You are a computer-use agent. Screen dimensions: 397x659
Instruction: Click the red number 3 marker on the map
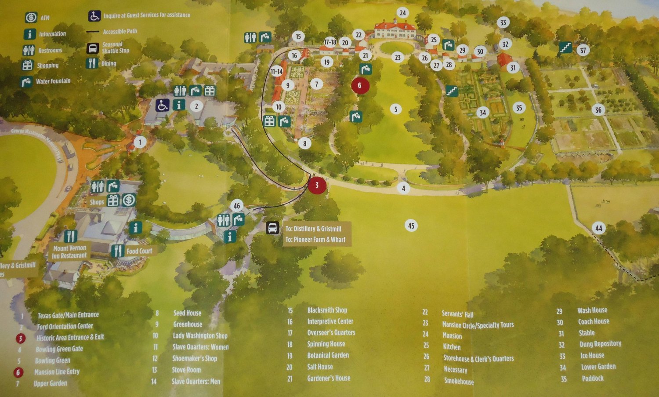317,185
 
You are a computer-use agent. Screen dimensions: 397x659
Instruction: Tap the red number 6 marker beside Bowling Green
359,85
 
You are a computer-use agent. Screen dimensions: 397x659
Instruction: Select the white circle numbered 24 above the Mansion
402,13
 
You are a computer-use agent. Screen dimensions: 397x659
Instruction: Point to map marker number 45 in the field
411,226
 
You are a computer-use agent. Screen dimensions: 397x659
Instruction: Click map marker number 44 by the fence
598,228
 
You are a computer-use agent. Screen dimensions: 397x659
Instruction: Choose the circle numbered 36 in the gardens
598,110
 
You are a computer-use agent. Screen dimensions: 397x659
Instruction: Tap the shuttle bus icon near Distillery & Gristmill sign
272,228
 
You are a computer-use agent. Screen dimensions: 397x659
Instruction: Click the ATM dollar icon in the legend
31,17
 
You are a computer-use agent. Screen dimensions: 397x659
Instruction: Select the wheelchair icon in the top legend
94,16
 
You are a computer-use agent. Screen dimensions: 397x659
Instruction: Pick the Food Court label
139,251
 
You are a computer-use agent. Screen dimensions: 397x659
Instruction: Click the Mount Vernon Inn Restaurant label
69,251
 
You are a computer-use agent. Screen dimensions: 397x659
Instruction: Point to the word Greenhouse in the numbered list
188,324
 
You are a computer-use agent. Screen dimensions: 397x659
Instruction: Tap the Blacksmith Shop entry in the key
327,310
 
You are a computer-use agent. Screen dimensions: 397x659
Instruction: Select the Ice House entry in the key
592,355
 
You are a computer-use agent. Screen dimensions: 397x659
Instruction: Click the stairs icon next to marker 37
565,47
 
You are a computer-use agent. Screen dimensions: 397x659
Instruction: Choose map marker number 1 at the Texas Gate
140,142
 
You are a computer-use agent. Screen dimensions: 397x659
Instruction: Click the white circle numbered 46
237,205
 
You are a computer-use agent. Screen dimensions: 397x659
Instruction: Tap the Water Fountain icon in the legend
27,81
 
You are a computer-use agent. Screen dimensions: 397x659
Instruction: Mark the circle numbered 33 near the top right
503,23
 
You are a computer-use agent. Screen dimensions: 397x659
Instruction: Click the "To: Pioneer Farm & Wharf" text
315,240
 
